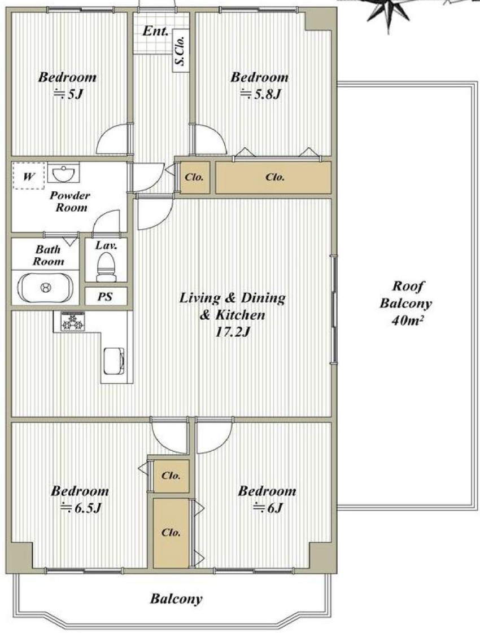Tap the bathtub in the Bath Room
pos(46,288)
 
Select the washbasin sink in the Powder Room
pos(63,173)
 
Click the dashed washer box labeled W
pos(28,175)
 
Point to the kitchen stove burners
pos(73,322)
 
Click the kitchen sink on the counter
pos(114,361)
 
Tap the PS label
pos(105,297)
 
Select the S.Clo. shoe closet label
pos(180,50)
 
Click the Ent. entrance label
pos(155,31)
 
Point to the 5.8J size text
pos(260,94)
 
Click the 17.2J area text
pos(232,332)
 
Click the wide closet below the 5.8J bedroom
pos(273,177)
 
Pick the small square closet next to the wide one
pos(195,177)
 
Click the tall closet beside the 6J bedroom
pos(171,533)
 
